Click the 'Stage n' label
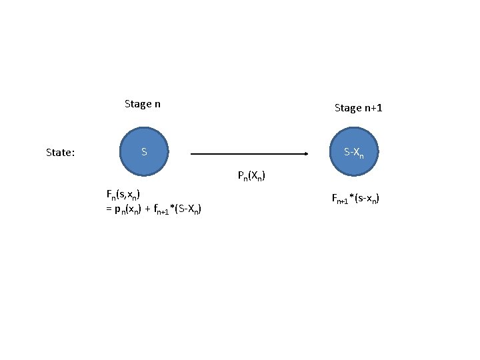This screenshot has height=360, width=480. pyautogui.click(x=143, y=104)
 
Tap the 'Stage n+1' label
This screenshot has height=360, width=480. pyautogui.click(x=358, y=108)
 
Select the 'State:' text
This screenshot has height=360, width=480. pyautogui.click(x=60, y=153)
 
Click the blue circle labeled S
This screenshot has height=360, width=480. pyautogui.click(x=144, y=153)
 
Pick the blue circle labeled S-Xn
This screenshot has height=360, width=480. pyautogui.click(x=354, y=153)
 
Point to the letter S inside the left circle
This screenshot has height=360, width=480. pyautogui.click(x=144, y=153)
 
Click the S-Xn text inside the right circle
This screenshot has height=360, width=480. pyautogui.click(x=354, y=153)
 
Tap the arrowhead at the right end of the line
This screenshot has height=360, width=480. pyautogui.click(x=306, y=154)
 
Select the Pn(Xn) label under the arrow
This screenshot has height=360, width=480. pyautogui.click(x=251, y=177)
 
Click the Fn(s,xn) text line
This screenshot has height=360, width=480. pyautogui.click(x=123, y=195)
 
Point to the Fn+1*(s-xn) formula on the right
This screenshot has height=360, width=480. pyautogui.click(x=355, y=198)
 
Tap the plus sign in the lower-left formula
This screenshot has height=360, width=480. pyautogui.click(x=147, y=209)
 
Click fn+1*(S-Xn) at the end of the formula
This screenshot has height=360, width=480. pyautogui.click(x=178, y=210)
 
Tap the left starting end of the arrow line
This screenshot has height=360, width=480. pyautogui.click(x=193, y=154)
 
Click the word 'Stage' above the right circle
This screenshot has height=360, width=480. pyautogui.click(x=348, y=108)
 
